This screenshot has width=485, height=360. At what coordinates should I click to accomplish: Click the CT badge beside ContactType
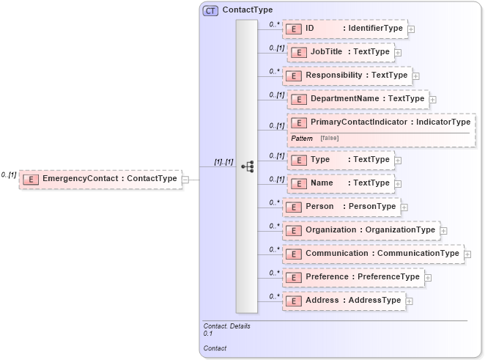[x=210, y=10]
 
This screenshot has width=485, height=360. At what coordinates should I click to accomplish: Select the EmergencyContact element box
[x=100, y=178]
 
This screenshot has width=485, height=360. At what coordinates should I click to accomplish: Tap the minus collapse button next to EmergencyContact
[x=185, y=178]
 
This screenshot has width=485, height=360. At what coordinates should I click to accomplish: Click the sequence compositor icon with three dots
[x=247, y=166]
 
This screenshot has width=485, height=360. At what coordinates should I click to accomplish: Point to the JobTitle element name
[x=326, y=52]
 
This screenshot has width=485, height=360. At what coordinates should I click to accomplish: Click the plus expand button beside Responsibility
[x=415, y=76]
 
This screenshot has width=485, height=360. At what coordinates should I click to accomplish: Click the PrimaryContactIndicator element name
[x=358, y=122]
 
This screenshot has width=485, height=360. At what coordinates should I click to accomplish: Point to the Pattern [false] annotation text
[x=315, y=139]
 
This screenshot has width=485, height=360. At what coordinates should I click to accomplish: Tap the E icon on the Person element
[x=293, y=207]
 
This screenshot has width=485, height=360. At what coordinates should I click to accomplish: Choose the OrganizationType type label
[x=400, y=230]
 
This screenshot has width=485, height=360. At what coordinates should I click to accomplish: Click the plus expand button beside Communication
[x=467, y=254]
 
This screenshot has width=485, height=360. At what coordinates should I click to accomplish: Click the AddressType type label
[x=374, y=301]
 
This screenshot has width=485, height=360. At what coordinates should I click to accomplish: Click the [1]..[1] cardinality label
[x=223, y=162]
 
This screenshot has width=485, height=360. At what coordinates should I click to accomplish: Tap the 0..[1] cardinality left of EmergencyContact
[x=9, y=175]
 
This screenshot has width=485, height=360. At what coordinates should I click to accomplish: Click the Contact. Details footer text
[x=227, y=326]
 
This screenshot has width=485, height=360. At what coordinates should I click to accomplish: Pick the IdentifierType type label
[x=375, y=29]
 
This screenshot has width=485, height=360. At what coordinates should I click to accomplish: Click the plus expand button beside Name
[x=398, y=183]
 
